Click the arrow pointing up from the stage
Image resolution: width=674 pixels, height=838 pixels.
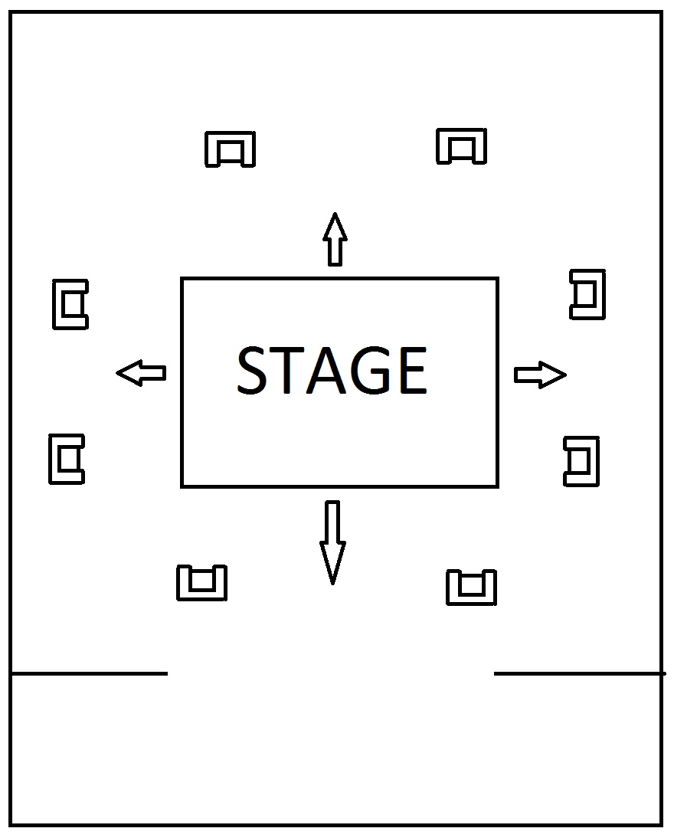tap(335, 239)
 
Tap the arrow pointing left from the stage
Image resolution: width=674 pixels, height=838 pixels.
tap(141, 373)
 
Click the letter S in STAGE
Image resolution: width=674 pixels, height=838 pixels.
tap(254, 371)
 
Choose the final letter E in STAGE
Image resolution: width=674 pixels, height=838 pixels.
tap(410, 371)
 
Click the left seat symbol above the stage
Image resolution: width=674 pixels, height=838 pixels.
tap(230, 149)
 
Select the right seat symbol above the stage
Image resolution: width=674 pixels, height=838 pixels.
tap(461, 146)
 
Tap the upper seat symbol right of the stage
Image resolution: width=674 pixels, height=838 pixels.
tap(588, 294)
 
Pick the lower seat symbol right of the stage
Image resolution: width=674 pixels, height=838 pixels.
tap(582, 461)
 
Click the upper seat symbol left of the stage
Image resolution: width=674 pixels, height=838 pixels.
tap(70, 304)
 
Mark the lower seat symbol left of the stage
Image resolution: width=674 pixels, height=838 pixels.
tap(67, 459)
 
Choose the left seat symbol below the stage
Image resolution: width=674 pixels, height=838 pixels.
tap(202, 583)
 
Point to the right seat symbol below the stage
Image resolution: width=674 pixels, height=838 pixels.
tap(472, 588)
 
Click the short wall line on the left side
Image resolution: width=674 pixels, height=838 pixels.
tap(89, 673)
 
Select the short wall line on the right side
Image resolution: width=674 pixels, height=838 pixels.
tap(579, 673)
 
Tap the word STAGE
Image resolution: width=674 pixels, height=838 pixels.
tap(332, 371)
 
